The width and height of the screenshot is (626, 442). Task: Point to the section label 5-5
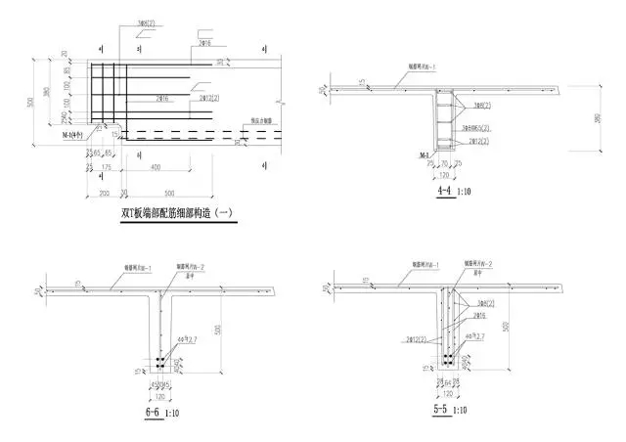click(x=443, y=414)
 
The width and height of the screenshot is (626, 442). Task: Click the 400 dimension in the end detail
click(x=157, y=169)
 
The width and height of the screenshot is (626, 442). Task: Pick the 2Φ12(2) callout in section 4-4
click(x=479, y=142)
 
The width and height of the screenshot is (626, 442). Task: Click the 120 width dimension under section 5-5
click(x=447, y=398)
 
